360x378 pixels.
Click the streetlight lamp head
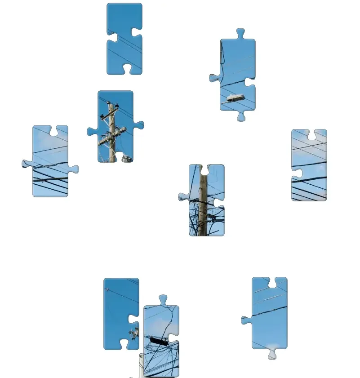tap(235, 98)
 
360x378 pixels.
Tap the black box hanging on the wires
tap(159, 341)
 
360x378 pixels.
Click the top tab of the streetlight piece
tap(240, 34)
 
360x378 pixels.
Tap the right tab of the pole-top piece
tap(139, 125)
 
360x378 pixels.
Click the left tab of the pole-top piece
tap(92, 131)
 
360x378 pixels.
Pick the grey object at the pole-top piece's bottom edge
tap(127, 159)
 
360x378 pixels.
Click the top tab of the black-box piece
tap(163, 300)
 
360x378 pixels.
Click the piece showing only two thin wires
tap(124, 39)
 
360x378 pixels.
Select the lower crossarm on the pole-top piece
tap(112, 135)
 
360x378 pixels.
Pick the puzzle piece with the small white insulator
tap(121, 313)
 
